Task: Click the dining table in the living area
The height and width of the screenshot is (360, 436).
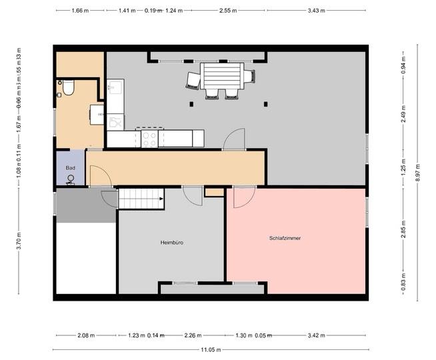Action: click(x=223, y=75)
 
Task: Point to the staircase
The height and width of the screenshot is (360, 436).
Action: click(x=141, y=198)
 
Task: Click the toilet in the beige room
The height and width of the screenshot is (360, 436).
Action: click(x=66, y=88)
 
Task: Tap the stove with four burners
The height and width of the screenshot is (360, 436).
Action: click(x=149, y=139)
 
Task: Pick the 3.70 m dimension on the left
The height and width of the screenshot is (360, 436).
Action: click(x=19, y=241)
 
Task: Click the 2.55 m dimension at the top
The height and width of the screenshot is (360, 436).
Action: click(x=227, y=11)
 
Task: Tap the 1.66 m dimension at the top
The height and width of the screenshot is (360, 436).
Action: click(x=79, y=11)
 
